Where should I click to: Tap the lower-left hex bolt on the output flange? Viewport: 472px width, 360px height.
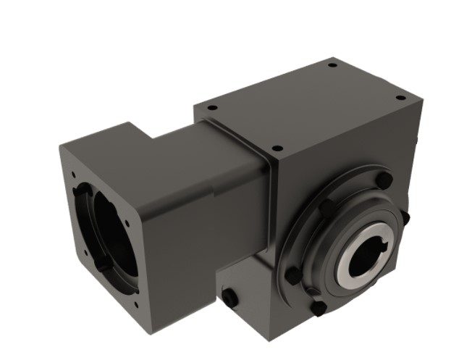click(292, 275)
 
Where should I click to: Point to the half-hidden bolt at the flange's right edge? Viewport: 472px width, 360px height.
click(405, 217)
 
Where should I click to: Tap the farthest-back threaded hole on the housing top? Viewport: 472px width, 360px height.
click(332, 65)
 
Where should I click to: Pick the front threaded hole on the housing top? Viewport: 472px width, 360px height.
click(276, 148)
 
